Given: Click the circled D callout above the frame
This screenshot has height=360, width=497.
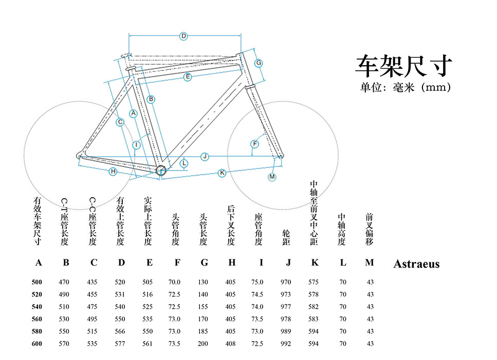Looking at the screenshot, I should [183, 36].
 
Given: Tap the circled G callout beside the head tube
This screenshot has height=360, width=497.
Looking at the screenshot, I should [259, 63].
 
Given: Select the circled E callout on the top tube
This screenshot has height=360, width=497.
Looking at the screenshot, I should [188, 77].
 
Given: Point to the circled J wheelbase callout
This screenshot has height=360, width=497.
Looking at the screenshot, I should [205, 156].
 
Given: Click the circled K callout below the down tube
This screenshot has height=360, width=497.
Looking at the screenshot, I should [222, 173].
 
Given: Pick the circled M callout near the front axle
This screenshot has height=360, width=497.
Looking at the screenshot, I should [272, 177].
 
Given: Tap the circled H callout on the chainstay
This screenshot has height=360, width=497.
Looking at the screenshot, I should [113, 171].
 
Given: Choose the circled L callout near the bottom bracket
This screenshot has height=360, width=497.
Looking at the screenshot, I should [184, 163].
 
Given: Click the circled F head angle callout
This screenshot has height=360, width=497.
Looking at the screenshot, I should [254, 144].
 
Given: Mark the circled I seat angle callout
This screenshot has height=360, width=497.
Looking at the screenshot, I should [136, 145].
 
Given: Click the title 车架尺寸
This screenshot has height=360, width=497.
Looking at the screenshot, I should [403, 65].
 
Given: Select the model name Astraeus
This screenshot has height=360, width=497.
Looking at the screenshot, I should [416, 264].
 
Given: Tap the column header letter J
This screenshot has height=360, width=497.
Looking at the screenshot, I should [288, 263].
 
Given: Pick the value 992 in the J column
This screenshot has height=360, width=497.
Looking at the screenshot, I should [286, 344].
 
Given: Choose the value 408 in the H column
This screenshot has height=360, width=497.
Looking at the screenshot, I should [230, 344].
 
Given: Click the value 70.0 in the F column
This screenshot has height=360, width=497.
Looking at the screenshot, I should [175, 282].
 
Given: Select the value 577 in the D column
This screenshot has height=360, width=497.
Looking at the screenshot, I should [120, 344].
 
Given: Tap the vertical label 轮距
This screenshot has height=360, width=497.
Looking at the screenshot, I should [286, 238].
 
